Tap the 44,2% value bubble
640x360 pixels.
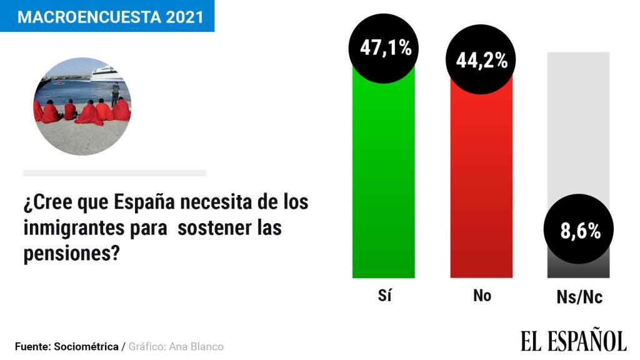pos(481,61)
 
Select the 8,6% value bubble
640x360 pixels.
pos(579,231)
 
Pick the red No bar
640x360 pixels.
pos(481,187)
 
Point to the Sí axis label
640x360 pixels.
pos(384,296)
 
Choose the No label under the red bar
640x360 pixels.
pos(482,296)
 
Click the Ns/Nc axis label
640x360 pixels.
pos(579,297)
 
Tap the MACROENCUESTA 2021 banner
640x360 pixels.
pos(107,16)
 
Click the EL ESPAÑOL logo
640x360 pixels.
pos(573,341)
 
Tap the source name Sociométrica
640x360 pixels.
pos(87,346)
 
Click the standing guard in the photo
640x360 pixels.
pos(115,92)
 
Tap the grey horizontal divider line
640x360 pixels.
pos(114,173)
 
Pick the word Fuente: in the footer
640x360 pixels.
pos(32,346)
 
